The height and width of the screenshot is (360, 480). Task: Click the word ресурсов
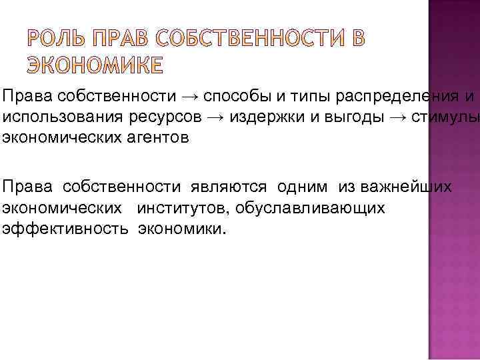pyautogui.click(x=160, y=118)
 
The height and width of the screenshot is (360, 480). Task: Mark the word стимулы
pyautogui.click(x=445, y=118)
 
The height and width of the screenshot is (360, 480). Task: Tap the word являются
pyautogui.click(x=230, y=187)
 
